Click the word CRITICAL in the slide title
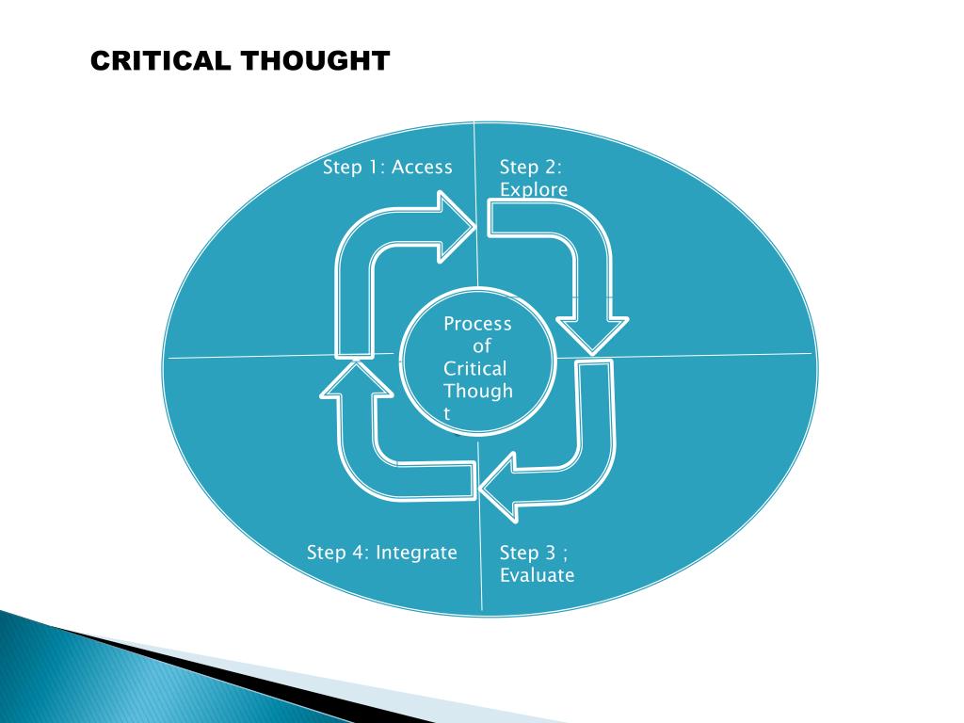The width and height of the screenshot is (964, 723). click(x=159, y=61)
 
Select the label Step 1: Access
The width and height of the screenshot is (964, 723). click(x=387, y=168)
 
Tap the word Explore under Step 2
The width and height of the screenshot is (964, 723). click(x=534, y=190)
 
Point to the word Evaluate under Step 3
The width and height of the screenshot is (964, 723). click(x=537, y=575)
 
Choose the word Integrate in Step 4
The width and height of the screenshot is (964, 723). click(x=416, y=553)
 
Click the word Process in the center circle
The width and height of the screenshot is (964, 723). click(x=477, y=324)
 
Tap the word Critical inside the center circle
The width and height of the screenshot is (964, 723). click(x=474, y=368)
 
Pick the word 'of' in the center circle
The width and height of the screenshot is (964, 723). click(x=481, y=346)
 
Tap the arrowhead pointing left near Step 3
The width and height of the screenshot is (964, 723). click(x=499, y=486)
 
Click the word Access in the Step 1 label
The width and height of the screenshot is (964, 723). click(x=422, y=168)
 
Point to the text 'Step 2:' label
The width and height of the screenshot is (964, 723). click(x=530, y=168)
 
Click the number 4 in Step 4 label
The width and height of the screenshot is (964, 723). click(x=360, y=553)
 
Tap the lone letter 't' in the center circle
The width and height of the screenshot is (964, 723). click(x=447, y=413)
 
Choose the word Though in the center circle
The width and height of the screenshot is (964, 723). click(x=477, y=391)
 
